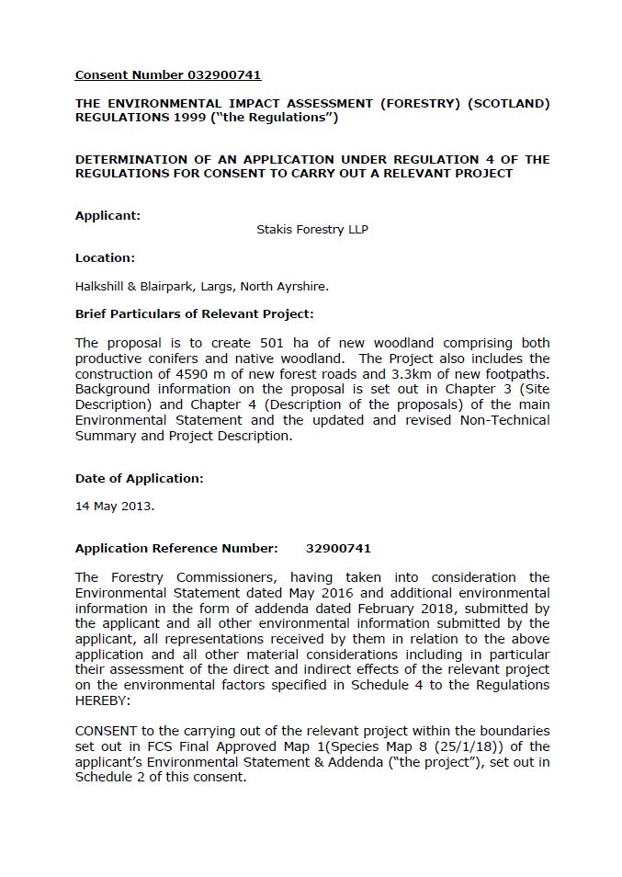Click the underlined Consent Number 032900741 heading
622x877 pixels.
(168, 75)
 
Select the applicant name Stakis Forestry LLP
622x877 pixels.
(312, 230)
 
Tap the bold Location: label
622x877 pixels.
(105, 258)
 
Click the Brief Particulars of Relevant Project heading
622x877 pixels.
(194, 314)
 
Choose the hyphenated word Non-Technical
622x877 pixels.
(507, 421)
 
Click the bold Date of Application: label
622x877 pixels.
(139, 478)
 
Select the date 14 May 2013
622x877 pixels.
(115, 507)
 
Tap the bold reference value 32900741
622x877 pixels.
(338, 549)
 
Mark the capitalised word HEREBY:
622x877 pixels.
(102, 701)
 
